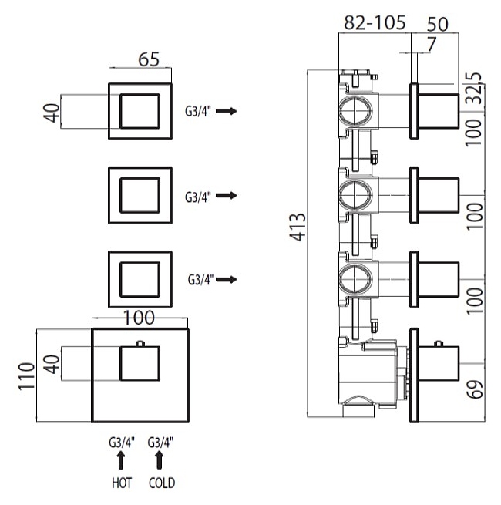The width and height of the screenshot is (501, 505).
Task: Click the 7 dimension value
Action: tap(430, 45)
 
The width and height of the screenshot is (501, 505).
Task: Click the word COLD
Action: tap(161, 483)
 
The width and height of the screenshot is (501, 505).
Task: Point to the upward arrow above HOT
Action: tap(121, 460)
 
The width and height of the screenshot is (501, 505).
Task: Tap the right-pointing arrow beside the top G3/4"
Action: tap(226, 112)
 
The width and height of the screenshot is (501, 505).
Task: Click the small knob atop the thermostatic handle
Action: tap(139, 343)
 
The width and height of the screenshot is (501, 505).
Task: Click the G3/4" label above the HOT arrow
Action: tap(121, 443)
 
